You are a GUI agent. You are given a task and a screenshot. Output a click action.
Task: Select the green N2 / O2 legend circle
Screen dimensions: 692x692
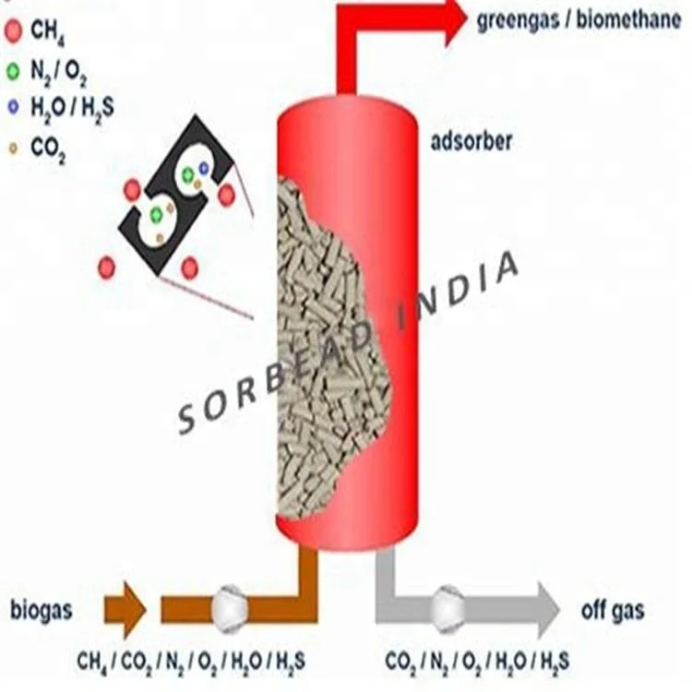(x=13, y=70)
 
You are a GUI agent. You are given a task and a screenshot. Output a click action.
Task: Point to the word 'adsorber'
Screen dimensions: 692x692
(x=471, y=142)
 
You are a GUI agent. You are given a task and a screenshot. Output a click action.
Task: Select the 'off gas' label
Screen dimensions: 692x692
(x=613, y=610)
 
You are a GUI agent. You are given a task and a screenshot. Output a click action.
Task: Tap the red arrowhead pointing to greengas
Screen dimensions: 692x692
(x=454, y=20)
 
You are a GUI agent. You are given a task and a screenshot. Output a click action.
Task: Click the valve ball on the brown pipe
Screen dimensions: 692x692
(x=228, y=607)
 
